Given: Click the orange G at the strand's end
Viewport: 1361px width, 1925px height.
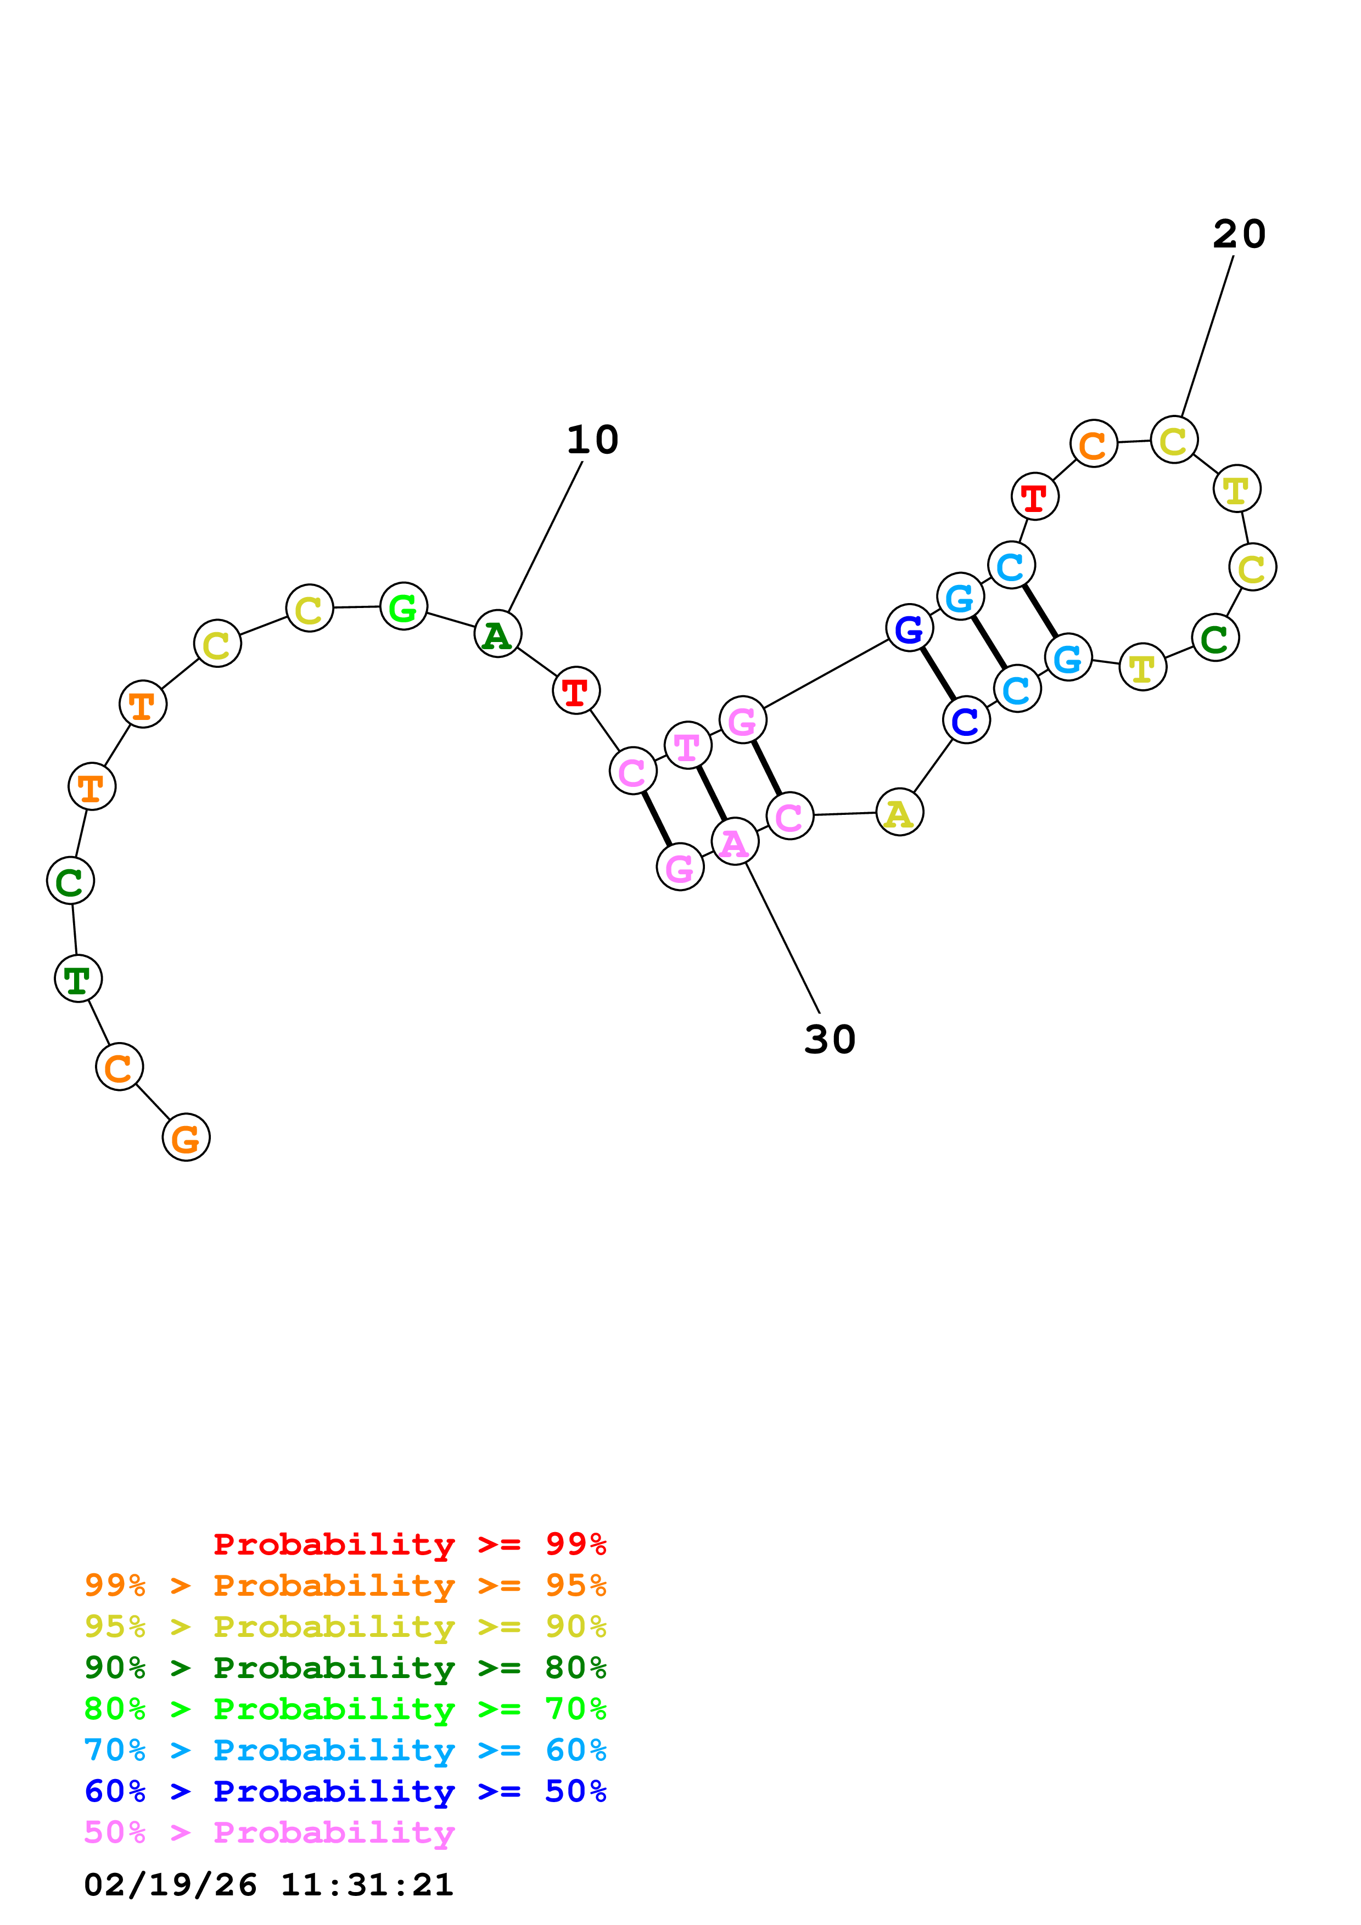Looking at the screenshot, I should click(x=186, y=1138).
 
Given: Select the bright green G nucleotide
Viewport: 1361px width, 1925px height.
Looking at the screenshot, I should click(x=404, y=606).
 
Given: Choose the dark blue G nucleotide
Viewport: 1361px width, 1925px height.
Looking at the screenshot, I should click(x=909, y=628).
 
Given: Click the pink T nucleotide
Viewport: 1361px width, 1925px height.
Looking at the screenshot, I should click(x=687, y=745).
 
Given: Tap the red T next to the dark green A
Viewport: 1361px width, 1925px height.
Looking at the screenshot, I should click(x=576, y=691).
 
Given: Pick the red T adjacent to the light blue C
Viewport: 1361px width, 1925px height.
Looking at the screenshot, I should click(x=1035, y=497).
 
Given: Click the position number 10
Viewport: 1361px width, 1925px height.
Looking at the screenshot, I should click(x=592, y=440).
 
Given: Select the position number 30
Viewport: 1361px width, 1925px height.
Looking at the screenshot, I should click(x=830, y=1040).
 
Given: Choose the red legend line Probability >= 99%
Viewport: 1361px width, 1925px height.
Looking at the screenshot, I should click(x=409, y=1544).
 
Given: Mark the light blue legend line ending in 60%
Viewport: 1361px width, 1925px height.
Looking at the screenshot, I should click(x=345, y=1750).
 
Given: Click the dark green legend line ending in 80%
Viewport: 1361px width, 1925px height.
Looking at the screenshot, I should click(x=345, y=1668).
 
